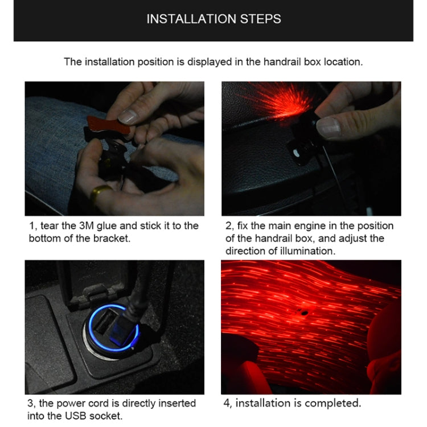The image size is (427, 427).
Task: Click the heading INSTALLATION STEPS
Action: [x=213, y=19]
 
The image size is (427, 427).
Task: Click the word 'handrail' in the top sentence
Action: [x=282, y=61]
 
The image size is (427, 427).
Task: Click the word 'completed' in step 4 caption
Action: [x=333, y=403]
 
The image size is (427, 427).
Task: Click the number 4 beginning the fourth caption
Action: [x=225, y=403]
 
